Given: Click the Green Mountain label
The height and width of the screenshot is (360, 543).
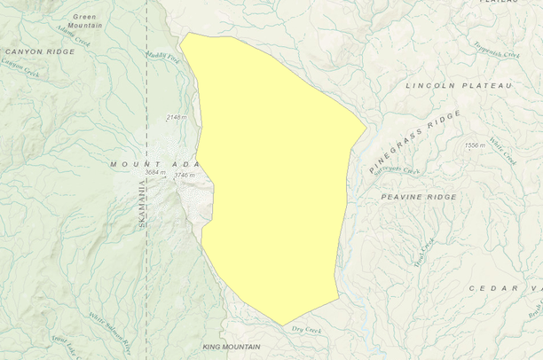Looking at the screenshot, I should (x=84, y=21).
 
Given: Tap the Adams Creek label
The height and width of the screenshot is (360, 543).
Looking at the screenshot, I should (x=73, y=36).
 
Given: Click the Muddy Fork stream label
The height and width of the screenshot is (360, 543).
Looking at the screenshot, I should (x=164, y=57).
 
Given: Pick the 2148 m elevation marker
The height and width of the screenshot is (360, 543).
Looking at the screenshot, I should (x=177, y=117).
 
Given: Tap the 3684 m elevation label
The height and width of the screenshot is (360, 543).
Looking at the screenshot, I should (x=157, y=173).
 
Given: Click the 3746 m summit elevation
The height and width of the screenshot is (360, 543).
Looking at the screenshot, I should (x=184, y=176).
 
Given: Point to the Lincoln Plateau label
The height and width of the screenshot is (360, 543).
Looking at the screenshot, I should (x=459, y=86).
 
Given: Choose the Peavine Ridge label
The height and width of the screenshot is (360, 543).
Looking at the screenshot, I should (x=419, y=196).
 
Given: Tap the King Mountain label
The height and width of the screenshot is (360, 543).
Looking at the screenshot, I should (x=231, y=347).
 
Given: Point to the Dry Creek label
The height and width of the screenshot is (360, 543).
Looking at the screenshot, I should (x=306, y=330).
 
